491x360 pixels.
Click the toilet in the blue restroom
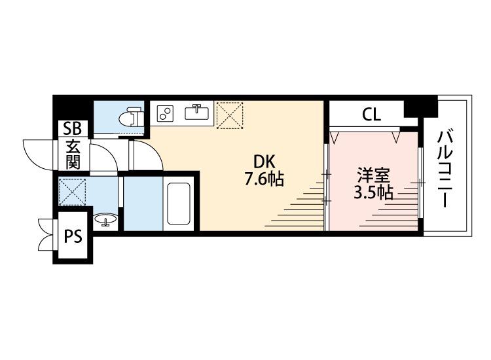coord(132,117)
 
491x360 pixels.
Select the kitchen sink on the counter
coord(196,112)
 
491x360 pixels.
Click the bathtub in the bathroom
coord(179,204)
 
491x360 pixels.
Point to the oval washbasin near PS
coord(105,219)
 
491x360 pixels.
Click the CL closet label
coord(371,115)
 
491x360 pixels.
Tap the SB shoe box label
coord(72,128)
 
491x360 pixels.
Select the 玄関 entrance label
coord(73,154)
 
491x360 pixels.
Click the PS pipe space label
coord(73,236)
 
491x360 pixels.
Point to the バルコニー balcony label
coord(446,169)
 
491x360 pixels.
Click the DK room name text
coord(264,162)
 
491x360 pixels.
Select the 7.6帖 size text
coord(264,179)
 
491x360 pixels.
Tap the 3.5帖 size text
coord(373,192)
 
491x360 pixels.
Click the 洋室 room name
coord(374,175)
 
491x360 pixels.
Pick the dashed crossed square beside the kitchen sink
coord(230,115)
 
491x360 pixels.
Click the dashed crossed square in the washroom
coord(72,192)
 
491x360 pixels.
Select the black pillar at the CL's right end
coord(420,108)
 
